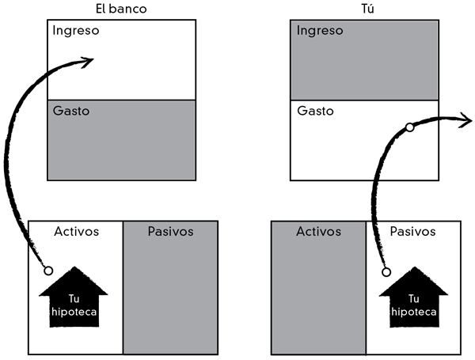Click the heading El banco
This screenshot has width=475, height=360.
pos(120,9)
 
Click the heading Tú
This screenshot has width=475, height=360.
pos(364,9)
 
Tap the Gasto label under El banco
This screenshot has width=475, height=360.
pos(71,111)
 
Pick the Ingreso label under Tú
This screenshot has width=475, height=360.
pos(320,31)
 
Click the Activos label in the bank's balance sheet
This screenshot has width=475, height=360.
pos(76,232)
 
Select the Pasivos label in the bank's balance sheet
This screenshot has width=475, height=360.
pos(170,232)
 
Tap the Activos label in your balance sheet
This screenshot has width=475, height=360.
pos(319,232)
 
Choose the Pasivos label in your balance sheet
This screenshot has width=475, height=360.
pos(413,232)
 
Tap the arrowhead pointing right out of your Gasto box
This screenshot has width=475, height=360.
pos(467,120)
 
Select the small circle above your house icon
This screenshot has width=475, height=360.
pos(386,271)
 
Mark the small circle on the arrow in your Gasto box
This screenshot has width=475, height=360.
pos(408,127)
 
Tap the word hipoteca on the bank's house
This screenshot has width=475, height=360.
pos(76,313)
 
